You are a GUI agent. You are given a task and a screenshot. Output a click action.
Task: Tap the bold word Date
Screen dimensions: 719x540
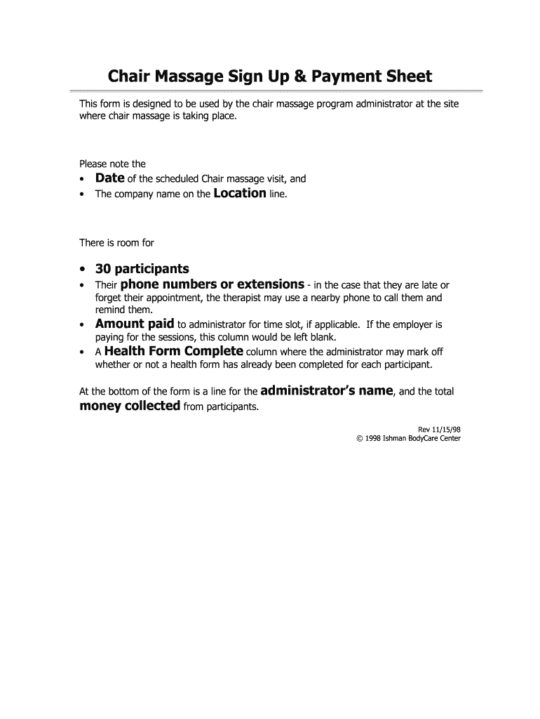click(x=110, y=178)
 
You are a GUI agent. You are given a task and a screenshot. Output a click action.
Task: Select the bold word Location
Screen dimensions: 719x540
click(x=239, y=193)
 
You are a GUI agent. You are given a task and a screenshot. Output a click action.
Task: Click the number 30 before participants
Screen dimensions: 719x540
click(x=103, y=269)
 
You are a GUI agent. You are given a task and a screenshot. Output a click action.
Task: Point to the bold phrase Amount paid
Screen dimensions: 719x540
click(x=135, y=324)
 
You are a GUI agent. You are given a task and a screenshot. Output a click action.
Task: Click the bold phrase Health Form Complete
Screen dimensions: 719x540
click(x=174, y=351)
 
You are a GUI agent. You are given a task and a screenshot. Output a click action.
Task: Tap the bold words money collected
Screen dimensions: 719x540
click(x=130, y=406)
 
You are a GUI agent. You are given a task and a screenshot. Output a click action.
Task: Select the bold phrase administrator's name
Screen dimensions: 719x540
click(x=326, y=390)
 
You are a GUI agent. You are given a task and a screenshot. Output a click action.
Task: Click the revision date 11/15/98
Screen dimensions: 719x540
click(x=446, y=428)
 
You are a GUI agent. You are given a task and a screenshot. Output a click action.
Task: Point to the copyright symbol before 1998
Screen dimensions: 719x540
click(x=359, y=439)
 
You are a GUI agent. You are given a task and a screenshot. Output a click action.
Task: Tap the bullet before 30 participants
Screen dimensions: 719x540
click(x=83, y=270)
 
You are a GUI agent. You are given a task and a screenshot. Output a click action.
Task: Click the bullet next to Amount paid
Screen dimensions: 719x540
click(x=83, y=325)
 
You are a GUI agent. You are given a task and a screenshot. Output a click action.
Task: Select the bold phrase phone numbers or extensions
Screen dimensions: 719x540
click(x=212, y=284)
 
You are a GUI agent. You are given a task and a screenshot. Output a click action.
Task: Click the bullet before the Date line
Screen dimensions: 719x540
click(x=83, y=180)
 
